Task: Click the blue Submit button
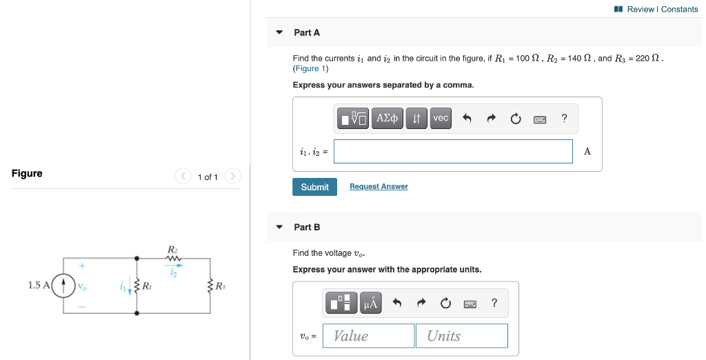(x=314, y=187)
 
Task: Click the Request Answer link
(x=379, y=187)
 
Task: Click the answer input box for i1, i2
(x=453, y=152)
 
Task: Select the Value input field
(x=368, y=336)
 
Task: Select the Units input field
(x=461, y=336)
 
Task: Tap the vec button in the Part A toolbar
(x=441, y=119)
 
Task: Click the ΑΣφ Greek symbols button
(x=387, y=119)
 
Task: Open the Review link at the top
(x=641, y=9)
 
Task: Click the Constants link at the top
(x=680, y=9)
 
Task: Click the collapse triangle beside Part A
(x=279, y=32)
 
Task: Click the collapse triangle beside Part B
(x=279, y=227)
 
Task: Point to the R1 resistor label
(x=147, y=286)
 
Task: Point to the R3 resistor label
(x=220, y=286)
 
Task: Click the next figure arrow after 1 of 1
(x=232, y=177)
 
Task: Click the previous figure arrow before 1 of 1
(x=183, y=177)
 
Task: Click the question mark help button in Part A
(x=565, y=119)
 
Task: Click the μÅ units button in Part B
(x=370, y=303)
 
